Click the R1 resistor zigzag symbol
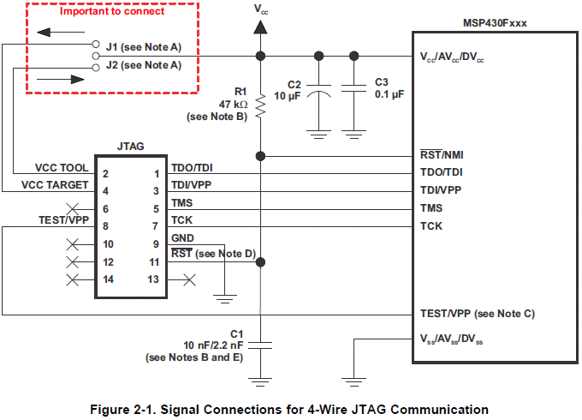coord(260,106)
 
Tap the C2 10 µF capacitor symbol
coord(318,91)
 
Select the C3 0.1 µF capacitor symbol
coord(353,88)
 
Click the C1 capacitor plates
coord(260,345)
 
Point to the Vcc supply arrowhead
coord(260,27)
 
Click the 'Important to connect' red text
coord(112,11)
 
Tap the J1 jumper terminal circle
coord(96,45)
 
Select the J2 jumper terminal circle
coord(96,68)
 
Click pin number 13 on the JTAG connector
coord(153,279)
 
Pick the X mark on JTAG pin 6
coord(73,209)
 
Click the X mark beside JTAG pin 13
coord(189,279)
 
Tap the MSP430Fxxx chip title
coord(495,23)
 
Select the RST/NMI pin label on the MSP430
coord(442,154)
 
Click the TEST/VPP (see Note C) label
coord(478,314)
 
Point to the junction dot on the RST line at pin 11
coord(260,262)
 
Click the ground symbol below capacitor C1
coord(260,382)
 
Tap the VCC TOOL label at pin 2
coord(62,168)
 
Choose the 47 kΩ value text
coord(233,104)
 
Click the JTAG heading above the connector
coord(131,146)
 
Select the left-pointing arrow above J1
coord(61,33)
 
